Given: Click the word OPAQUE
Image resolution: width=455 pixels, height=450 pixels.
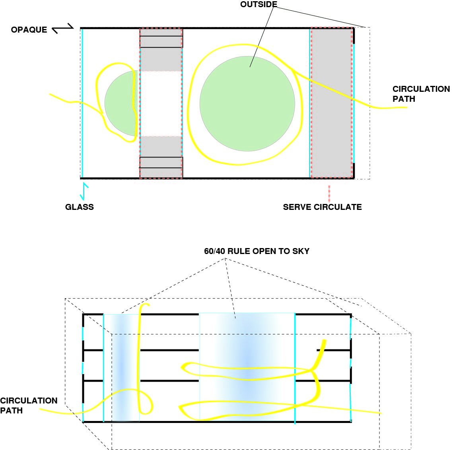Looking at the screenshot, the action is [x=29, y=30].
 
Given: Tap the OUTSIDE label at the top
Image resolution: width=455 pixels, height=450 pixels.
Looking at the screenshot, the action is [x=259, y=4].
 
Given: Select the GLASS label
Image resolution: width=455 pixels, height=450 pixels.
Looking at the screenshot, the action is [x=80, y=207].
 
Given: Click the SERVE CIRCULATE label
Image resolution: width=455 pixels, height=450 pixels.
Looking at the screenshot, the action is [x=323, y=207].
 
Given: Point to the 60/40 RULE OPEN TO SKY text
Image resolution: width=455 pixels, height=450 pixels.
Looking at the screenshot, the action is [x=257, y=251].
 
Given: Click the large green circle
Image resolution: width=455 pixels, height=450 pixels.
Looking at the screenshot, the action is [x=247, y=103].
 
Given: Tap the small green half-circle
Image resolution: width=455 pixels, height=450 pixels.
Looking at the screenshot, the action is [x=121, y=103].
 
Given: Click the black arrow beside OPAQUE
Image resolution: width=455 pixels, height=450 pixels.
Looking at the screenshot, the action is [x=63, y=28].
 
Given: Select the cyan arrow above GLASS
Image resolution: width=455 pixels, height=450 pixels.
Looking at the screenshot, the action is [x=84, y=191].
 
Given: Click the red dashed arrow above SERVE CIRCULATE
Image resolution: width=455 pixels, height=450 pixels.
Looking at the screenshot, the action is [x=329, y=194].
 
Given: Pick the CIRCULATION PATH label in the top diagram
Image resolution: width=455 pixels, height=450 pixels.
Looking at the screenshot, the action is [x=421, y=94].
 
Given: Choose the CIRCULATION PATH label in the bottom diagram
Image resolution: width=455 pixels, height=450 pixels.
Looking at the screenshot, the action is [x=29, y=405].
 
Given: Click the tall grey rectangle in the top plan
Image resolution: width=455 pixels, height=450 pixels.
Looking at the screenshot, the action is [x=332, y=103].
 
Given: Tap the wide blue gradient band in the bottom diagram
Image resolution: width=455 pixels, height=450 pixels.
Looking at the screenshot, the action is [x=247, y=367].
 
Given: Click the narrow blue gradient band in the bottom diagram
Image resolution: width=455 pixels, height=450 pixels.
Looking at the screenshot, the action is [x=121, y=368].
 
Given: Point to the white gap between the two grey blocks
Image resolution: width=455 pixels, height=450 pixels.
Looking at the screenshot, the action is [x=161, y=103].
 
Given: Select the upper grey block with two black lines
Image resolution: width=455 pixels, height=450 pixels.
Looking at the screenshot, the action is [x=161, y=50].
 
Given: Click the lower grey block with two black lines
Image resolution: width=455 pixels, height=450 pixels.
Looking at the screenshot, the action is [x=161, y=157].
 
